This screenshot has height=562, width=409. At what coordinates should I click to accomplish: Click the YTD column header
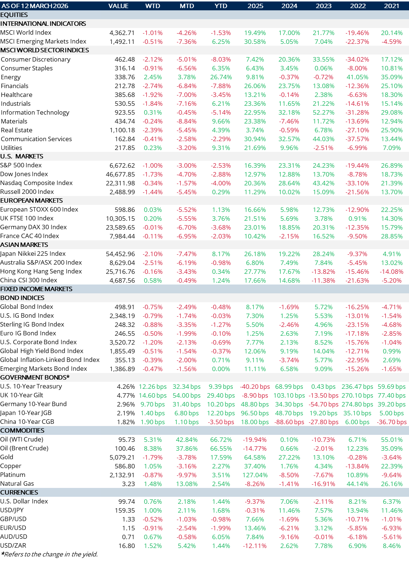(x=221, y=6)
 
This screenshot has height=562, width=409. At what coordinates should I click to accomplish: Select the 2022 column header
(x=358, y=6)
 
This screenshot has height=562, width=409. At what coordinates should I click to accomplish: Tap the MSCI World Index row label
(x=26, y=32)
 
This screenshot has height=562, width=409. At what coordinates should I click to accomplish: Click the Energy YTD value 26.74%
(x=221, y=77)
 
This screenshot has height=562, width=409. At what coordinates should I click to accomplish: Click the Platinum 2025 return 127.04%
(x=255, y=475)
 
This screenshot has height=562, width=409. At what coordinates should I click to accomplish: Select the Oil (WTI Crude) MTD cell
(x=187, y=440)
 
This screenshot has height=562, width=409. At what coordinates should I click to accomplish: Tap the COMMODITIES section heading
(x=22, y=430)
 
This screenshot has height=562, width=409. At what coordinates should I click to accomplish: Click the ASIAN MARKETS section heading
(x=24, y=245)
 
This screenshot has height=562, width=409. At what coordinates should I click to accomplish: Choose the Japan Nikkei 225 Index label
(x=33, y=254)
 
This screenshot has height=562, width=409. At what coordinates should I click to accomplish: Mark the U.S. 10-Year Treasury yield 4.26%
(x=126, y=387)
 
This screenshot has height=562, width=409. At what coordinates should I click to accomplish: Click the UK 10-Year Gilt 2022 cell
(x=357, y=395)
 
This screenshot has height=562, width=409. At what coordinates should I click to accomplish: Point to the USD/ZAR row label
(x=13, y=545)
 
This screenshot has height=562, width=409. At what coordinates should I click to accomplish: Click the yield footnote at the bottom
(x=49, y=554)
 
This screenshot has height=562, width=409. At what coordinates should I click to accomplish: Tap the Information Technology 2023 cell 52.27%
(x=323, y=112)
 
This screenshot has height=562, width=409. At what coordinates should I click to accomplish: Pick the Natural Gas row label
(x=17, y=484)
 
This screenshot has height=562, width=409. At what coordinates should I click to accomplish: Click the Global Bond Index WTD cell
(x=153, y=307)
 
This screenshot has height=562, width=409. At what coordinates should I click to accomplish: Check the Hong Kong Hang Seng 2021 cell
(x=392, y=272)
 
